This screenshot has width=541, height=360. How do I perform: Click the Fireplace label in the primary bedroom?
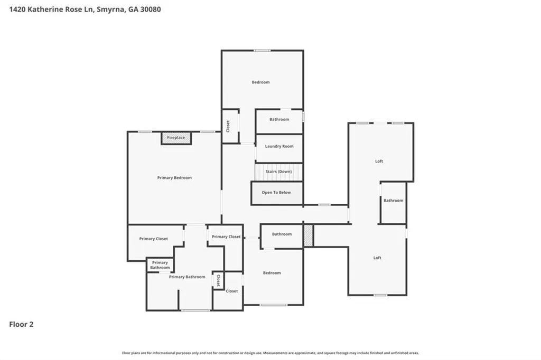[x=176, y=138]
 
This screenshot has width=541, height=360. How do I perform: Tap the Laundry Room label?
[x=279, y=146]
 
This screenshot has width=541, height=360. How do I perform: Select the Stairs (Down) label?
[x=279, y=172]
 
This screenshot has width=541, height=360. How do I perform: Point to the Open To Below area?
[x=276, y=193]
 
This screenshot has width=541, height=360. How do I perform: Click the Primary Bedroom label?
[x=174, y=177]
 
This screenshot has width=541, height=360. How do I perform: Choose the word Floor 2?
[x=21, y=324]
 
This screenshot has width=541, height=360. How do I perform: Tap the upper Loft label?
[x=379, y=161]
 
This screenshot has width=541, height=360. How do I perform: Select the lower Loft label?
[x=377, y=258]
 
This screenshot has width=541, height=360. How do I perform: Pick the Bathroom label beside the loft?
[x=393, y=201]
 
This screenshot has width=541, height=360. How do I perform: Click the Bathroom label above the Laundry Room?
[x=279, y=119]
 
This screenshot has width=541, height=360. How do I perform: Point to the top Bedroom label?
[x=260, y=82]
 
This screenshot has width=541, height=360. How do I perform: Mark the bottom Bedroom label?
[x=272, y=273]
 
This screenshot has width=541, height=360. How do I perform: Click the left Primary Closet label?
[x=154, y=239]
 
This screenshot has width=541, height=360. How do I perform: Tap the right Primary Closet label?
[x=226, y=236]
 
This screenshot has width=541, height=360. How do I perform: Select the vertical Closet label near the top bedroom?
[x=228, y=126]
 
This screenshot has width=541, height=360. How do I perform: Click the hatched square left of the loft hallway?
[x=309, y=235]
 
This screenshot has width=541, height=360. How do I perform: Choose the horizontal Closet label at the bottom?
[x=232, y=291]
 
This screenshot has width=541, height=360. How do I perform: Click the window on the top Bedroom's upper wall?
[x=262, y=51]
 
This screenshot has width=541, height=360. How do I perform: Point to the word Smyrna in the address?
[x=110, y=10]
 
